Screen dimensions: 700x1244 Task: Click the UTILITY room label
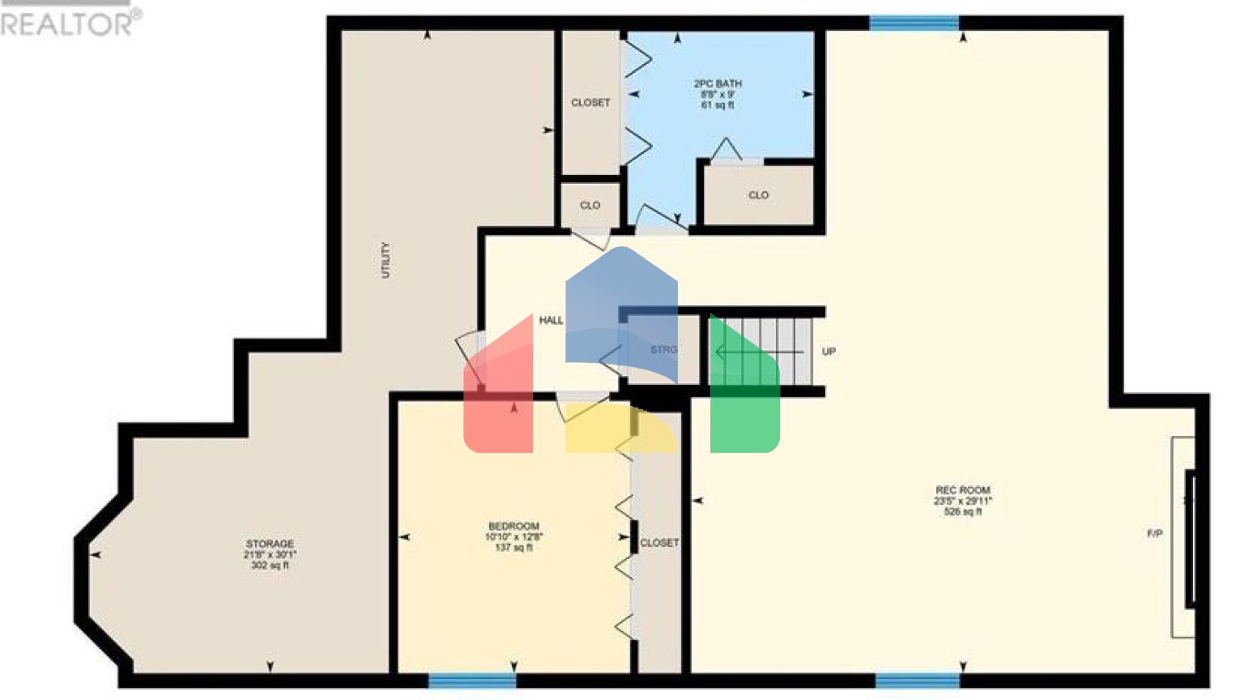[386, 260]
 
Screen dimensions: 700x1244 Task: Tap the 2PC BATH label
[718, 83]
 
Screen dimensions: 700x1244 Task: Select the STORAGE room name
[270, 544]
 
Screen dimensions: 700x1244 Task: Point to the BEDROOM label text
[513, 526]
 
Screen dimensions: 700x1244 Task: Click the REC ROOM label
[962, 490]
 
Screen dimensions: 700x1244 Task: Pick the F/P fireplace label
[1155, 533]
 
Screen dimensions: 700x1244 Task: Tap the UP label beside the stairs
[829, 352]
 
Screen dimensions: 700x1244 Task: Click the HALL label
[551, 320]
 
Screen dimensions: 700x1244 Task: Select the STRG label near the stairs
[663, 350]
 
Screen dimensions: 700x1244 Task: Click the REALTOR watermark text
[69, 23]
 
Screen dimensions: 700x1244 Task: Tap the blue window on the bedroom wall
[471, 681]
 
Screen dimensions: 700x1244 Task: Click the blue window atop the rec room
[914, 23]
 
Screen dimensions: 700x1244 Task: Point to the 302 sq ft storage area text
[270, 566]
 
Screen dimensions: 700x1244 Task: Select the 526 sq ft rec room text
[962, 512]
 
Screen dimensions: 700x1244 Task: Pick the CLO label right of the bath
[758, 195]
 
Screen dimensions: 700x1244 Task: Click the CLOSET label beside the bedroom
[659, 543]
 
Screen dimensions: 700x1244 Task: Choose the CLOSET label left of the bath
[590, 103]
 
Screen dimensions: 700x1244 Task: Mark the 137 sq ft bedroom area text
[513, 548]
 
